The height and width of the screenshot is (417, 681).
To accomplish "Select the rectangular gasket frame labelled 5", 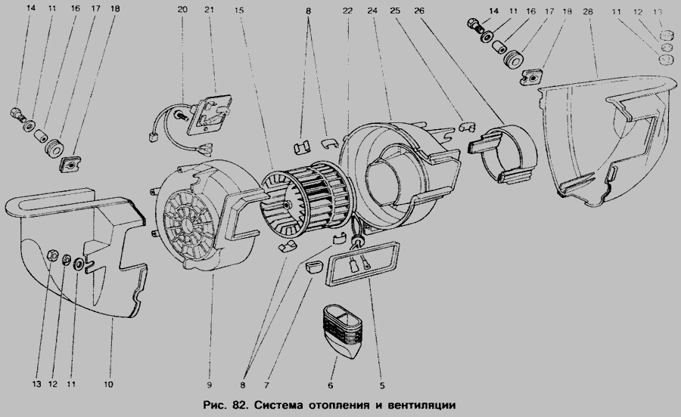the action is tap(363, 263).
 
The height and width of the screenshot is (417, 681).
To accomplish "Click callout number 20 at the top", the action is tap(182, 10).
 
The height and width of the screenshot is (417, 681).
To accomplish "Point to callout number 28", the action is tap(588, 11).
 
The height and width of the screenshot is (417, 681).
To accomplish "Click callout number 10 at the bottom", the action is tap(108, 384).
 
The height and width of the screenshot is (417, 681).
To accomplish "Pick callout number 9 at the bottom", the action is tap(209, 385).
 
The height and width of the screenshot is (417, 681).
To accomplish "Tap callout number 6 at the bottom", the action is tap(331, 385).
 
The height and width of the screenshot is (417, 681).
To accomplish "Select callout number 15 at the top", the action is tap(239, 10).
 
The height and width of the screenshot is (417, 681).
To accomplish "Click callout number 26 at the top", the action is tap(419, 11).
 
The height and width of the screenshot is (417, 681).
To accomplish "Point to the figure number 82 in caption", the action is tap(238, 406).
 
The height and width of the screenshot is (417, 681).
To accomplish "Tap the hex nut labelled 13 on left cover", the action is tap(51, 255).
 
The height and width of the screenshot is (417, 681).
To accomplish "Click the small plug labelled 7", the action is tap(313, 266).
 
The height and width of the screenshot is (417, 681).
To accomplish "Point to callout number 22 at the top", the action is tap(347, 11).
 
